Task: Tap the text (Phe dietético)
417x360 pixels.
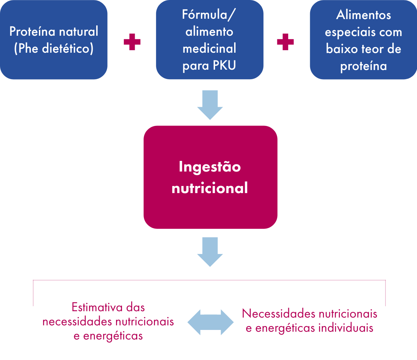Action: click(54, 48)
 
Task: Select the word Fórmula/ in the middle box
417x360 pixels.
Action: click(209, 15)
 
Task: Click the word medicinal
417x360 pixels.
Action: click(209, 48)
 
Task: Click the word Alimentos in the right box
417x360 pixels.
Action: click(363, 15)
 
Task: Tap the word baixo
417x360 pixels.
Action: click(342, 49)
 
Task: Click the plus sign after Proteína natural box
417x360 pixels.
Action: click(132, 42)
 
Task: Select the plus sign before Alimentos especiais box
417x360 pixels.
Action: click(285, 42)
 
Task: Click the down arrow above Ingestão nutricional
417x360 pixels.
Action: click(210, 105)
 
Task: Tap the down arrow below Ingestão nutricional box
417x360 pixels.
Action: click(210, 251)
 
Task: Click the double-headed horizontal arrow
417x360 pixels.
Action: click(210, 322)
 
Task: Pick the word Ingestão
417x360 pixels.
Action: click(210, 167)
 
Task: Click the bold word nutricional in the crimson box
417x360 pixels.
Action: click(210, 188)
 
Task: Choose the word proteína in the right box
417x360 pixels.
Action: click(363, 66)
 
